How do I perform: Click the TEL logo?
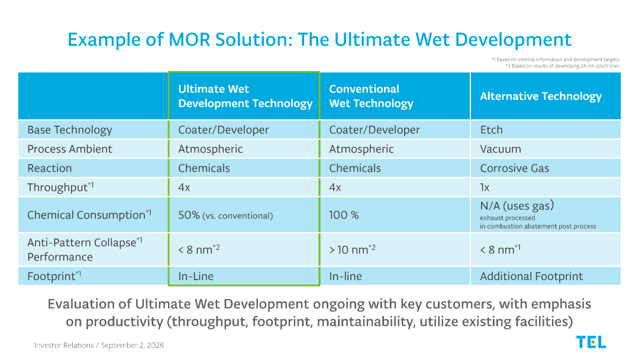pyautogui.click(x=591, y=342)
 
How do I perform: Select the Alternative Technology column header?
pyautogui.click(x=541, y=97)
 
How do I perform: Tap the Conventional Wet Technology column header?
pyautogui.click(x=371, y=97)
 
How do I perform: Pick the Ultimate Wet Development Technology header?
pyautogui.click(x=246, y=97)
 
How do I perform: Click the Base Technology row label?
pyautogui.click(x=70, y=130)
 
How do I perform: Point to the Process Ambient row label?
pyautogui.click(x=70, y=149)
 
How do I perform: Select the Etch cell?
pyautogui.click(x=492, y=130)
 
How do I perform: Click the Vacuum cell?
pyautogui.click(x=501, y=149)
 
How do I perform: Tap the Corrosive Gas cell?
pyautogui.click(x=515, y=168)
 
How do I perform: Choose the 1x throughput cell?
pyautogui.click(x=485, y=187)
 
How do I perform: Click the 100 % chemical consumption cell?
pyautogui.click(x=344, y=215)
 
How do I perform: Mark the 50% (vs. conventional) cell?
pyautogui.click(x=225, y=215)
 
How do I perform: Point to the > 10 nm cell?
pyautogui.click(x=352, y=249)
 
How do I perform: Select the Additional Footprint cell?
pyautogui.click(x=531, y=276)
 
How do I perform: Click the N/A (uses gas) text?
pyautogui.click(x=517, y=205)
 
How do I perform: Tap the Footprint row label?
pyautogui.click(x=54, y=276)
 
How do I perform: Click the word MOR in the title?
pyautogui.click(x=189, y=40)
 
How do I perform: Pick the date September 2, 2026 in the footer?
pyautogui.click(x=133, y=345)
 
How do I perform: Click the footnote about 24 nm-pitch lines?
pyautogui.click(x=563, y=66)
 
